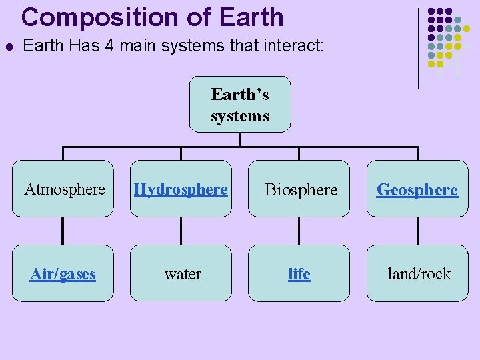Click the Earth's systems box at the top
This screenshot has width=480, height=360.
click(240, 105)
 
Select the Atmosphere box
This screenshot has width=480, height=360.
click(64, 189)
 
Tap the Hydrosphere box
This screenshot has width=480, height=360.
click(181, 189)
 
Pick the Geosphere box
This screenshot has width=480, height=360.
click(417, 189)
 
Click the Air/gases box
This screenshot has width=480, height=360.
click(63, 273)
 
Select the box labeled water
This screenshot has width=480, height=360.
click(182, 273)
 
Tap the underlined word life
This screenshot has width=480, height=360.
click(299, 274)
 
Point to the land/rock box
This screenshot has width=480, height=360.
click(418, 273)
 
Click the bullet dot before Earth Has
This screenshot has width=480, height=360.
click(8, 47)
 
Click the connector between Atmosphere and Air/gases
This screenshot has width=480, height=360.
click(63, 231)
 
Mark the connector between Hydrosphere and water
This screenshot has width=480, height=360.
click(181, 231)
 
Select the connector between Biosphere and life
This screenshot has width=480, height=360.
click(299, 231)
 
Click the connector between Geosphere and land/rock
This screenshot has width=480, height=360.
click(417, 231)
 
